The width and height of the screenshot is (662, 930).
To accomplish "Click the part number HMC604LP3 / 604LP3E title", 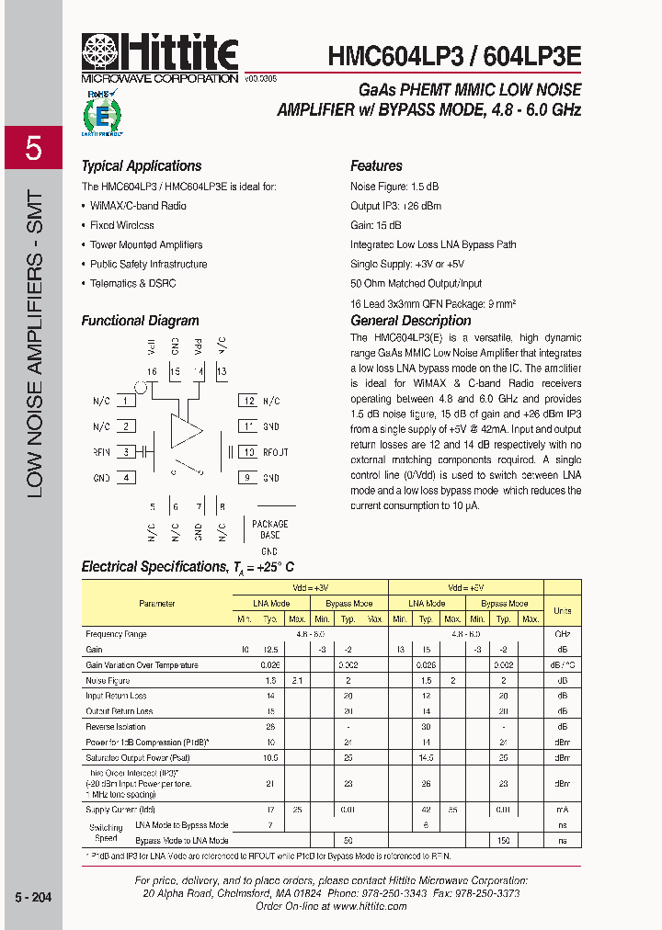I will pyautogui.click(x=454, y=56).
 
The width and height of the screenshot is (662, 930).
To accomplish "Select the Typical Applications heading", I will pyautogui.click(x=142, y=166).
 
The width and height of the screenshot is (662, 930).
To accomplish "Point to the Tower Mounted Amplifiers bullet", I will pyautogui.click(x=146, y=244).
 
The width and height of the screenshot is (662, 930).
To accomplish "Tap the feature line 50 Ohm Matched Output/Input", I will pyautogui.click(x=416, y=283).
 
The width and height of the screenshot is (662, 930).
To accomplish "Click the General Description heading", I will pyautogui.click(x=411, y=321).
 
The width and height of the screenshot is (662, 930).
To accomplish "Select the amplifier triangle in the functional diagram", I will pyautogui.click(x=186, y=431).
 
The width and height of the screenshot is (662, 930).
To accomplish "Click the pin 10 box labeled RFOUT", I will pyautogui.click(x=246, y=452).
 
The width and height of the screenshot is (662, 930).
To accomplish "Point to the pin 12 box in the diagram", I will pyautogui.click(x=246, y=401).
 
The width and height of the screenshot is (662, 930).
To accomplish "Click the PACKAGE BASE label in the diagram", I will pyautogui.click(x=269, y=529).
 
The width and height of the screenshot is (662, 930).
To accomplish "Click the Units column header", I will pyautogui.click(x=562, y=609).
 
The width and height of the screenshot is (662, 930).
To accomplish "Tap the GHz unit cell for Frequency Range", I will pyautogui.click(x=562, y=634).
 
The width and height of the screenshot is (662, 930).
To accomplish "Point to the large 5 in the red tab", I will pyautogui.click(x=33, y=148).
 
